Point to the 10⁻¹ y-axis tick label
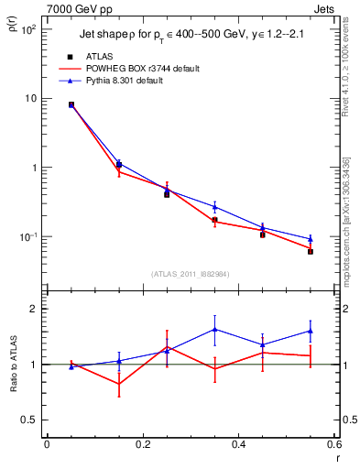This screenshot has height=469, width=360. point(28,237)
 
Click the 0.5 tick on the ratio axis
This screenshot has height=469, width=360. point(30,420)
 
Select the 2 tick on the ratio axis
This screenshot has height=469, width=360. point(35,310)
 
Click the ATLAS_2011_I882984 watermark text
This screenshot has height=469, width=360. point(190,273)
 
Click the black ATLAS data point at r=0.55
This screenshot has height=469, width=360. point(311,251)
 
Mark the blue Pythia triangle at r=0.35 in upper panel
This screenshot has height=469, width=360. point(214,207)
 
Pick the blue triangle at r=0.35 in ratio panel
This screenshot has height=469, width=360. point(214,329)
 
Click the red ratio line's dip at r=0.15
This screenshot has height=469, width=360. point(119,384)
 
